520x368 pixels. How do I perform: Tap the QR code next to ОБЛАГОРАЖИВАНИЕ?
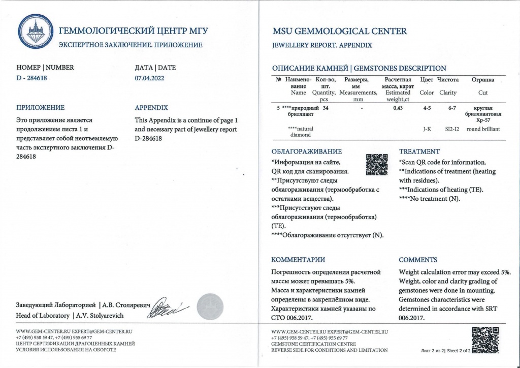[x=377, y=164]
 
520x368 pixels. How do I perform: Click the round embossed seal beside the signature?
[x=210, y=306]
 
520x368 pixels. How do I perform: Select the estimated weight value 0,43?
[x=398, y=108]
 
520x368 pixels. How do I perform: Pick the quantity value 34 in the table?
[x=326, y=108]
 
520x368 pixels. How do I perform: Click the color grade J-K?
[x=427, y=129]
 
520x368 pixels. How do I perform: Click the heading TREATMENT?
[x=419, y=151]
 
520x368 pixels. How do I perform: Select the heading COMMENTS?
[x=418, y=260]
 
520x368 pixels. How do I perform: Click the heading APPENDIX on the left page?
[x=151, y=108]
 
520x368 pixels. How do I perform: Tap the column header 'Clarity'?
[x=448, y=93]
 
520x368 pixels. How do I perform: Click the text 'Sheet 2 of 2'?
[x=459, y=350]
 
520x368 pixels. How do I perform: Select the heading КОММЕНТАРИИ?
[x=298, y=260]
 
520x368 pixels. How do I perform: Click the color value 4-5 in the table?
[x=427, y=108]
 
